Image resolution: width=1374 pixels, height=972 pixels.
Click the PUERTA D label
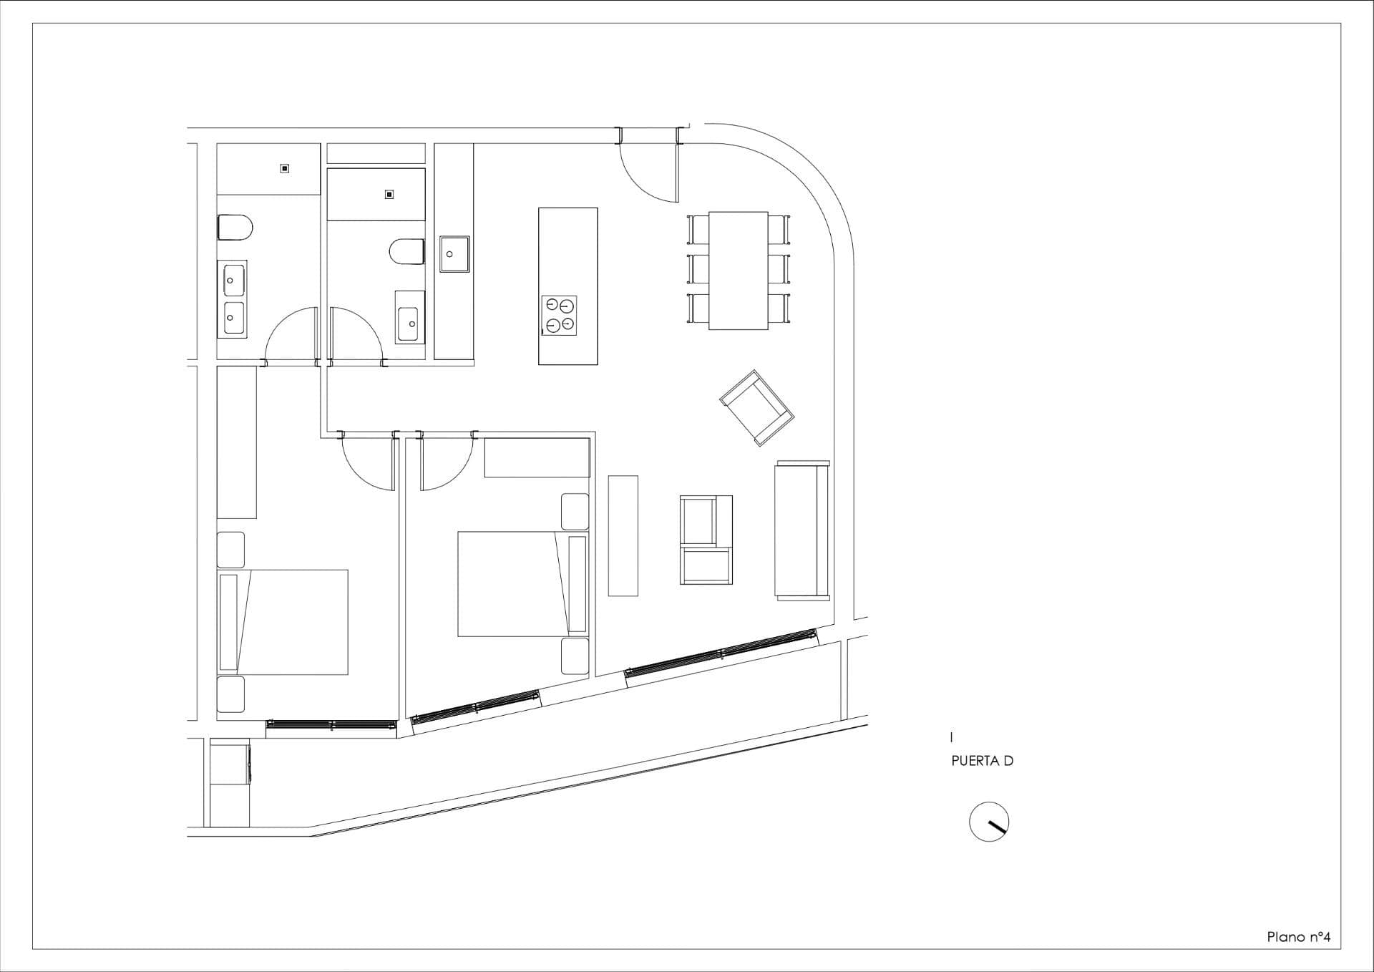pyautogui.click(x=982, y=761)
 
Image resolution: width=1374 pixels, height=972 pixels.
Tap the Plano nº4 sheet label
pyautogui.click(x=1299, y=937)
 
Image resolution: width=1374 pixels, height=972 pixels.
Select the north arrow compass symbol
pyautogui.click(x=989, y=821)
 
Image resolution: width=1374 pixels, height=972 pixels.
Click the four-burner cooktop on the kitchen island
pyautogui.click(x=560, y=315)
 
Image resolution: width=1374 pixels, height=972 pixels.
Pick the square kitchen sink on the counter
pyautogui.click(x=454, y=254)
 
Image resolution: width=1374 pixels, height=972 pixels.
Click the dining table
pyautogui.click(x=739, y=271)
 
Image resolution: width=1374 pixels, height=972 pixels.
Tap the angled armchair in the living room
pyautogui.click(x=757, y=408)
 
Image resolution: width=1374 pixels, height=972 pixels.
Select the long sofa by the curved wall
pyautogui.click(x=802, y=530)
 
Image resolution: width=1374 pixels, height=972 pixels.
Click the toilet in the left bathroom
pyautogui.click(x=235, y=228)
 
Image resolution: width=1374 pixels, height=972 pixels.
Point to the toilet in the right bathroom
pyautogui.click(x=406, y=252)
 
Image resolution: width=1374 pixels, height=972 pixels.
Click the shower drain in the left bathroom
pyautogui.click(x=285, y=169)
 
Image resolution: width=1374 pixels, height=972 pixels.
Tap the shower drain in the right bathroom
pyautogui.click(x=389, y=194)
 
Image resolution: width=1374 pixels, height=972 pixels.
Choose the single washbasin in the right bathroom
pyautogui.click(x=410, y=317)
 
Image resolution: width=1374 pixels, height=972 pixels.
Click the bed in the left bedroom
pyautogui.click(x=283, y=622)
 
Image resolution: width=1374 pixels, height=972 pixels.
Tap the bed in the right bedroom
pyautogui.click(x=523, y=583)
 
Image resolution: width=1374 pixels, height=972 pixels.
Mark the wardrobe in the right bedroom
pyautogui.click(x=537, y=457)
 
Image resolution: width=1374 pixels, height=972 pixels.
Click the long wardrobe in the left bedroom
pyautogui.click(x=237, y=442)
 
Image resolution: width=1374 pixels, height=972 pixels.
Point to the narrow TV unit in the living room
pyautogui.click(x=623, y=535)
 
